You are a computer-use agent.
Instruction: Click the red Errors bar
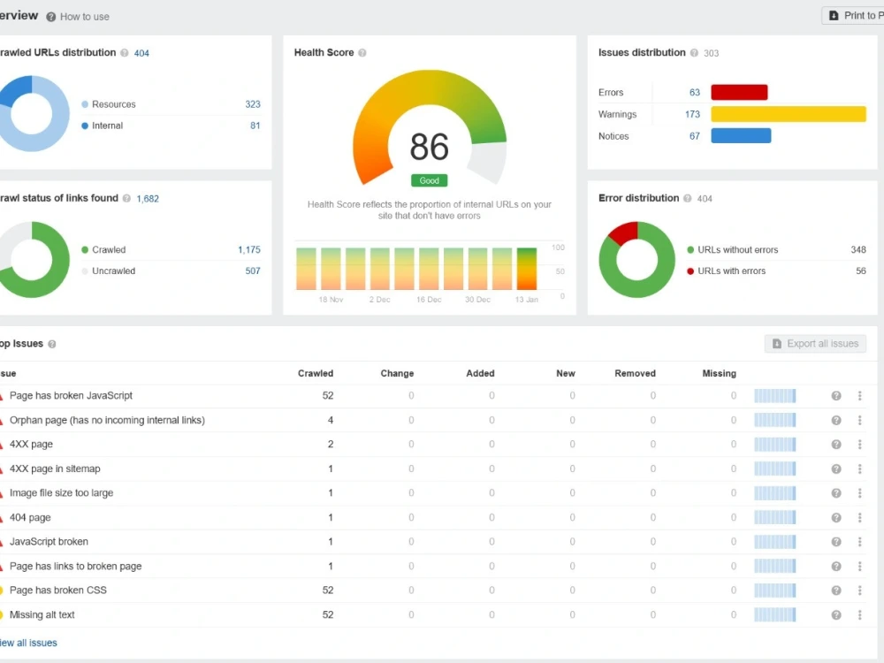739,92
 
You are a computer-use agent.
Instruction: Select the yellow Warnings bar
789,114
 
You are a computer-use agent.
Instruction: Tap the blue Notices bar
741,136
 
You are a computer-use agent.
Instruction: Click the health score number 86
429,147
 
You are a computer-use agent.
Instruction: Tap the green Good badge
429,180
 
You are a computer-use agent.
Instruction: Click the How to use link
85,17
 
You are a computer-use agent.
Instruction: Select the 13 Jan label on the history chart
527,300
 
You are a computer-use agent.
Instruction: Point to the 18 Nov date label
331,300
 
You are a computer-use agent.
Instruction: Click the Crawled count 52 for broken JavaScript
328,396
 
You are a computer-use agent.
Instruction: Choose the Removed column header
635,373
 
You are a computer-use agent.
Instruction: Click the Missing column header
720,373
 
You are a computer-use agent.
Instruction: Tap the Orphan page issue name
107,420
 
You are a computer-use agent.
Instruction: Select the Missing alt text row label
42,614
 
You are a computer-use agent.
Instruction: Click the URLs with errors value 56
860,271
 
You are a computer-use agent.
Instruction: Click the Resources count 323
253,104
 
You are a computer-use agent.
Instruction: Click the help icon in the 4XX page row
836,445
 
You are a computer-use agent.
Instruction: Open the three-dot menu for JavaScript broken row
860,542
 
